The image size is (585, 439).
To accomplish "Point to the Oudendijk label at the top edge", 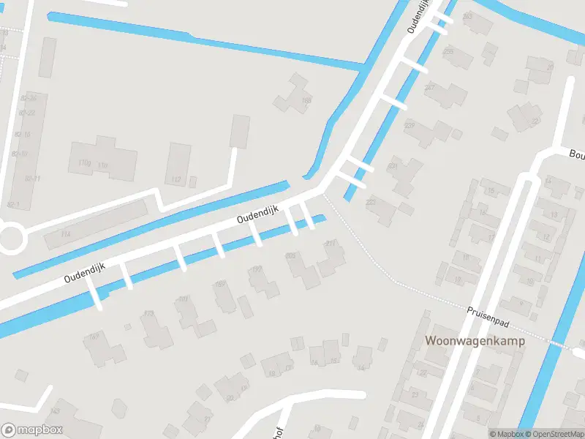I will pos(420,16).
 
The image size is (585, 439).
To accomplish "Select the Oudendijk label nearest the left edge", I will pos(85,273).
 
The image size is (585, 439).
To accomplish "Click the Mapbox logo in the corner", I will pos(31,430).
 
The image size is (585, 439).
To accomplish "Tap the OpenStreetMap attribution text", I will pos(553,434).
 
